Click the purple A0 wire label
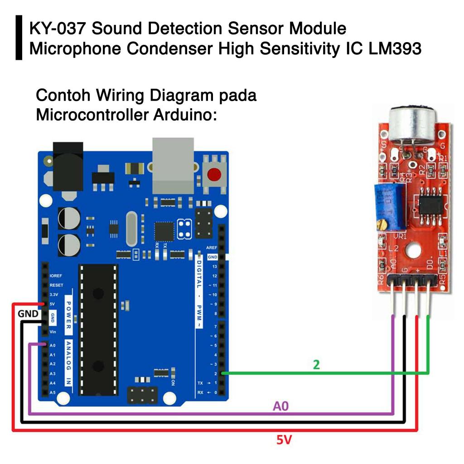tap(280, 406)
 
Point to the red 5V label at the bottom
tap(284, 439)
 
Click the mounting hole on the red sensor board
tap(413, 250)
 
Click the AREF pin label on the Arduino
tap(212, 248)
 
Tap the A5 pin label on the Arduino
tap(53, 392)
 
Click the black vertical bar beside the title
tap(19, 38)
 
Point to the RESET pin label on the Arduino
tap(56, 285)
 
